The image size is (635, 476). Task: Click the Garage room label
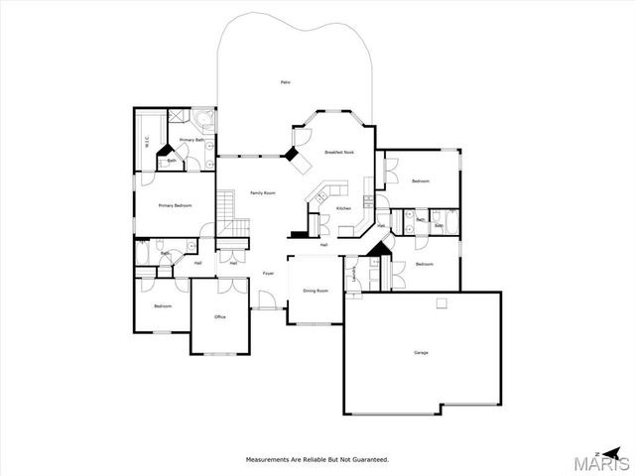421,353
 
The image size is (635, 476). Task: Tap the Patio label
285,81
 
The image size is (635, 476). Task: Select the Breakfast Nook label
339,152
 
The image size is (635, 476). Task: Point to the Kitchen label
343,208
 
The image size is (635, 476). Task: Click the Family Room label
263,192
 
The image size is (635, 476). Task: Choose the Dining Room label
316,291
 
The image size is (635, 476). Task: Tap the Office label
220,316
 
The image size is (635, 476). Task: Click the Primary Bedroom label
176,205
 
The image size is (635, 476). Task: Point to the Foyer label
268,273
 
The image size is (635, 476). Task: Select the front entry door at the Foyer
264,300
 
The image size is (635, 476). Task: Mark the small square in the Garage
442,303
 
